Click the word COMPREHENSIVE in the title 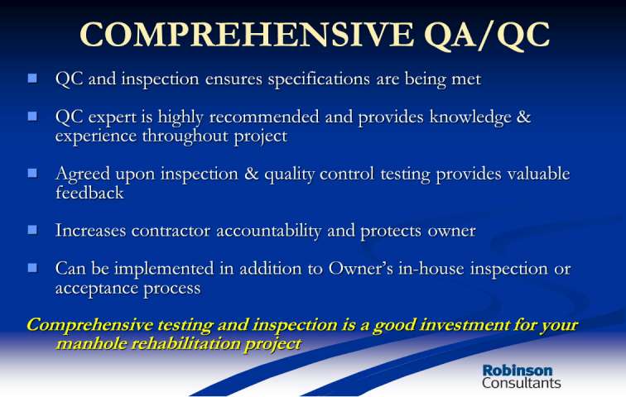pos(247,34)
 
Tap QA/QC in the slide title pos(487,35)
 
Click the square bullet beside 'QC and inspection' pos(32,78)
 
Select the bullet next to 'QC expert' pos(32,116)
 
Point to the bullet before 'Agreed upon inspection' pos(32,173)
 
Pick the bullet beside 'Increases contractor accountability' pos(32,230)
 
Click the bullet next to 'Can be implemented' pos(32,267)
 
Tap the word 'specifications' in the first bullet pos(319,79)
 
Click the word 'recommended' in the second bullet pos(264,117)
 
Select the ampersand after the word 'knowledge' pos(524,117)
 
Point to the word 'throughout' pos(185,136)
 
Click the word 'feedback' pos(89,193)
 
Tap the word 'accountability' pos(268,231)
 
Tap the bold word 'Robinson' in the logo pos(518,371)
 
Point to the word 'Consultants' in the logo pos(522,383)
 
